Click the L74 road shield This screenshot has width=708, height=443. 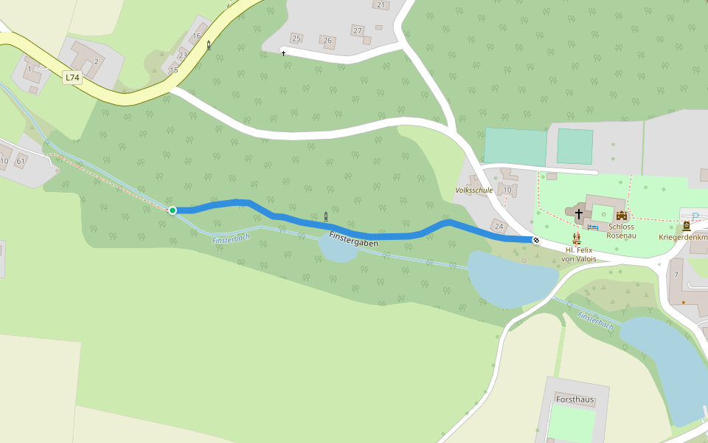[x=72, y=77]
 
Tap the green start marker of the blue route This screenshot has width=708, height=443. [x=173, y=210]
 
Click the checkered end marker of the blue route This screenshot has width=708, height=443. [x=536, y=239]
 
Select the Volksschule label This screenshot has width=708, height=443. [x=474, y=190]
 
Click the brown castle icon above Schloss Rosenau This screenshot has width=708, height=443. [x=622, y=215]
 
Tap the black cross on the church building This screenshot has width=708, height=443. [x=579, y=214]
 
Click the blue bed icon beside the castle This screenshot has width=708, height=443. [x=593, y=227]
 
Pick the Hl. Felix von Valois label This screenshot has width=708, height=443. [x=577, y=255]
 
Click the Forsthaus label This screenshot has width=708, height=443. [x=575, y=399]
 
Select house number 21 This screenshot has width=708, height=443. [x=381, y=5]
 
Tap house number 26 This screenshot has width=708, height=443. [x=328, y=41]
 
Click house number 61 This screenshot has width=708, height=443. [x=21, y=161]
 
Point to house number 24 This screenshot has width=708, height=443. [x=499, y=226]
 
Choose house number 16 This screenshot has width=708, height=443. [x=196, y=35]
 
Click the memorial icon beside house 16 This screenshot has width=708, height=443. [x=209, y=45]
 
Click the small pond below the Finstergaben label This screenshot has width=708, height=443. [x=337, y=250]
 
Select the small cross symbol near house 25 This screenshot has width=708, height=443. [x=283, y=53]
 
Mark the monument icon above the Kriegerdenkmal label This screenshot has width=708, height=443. [x=686, y=226]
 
